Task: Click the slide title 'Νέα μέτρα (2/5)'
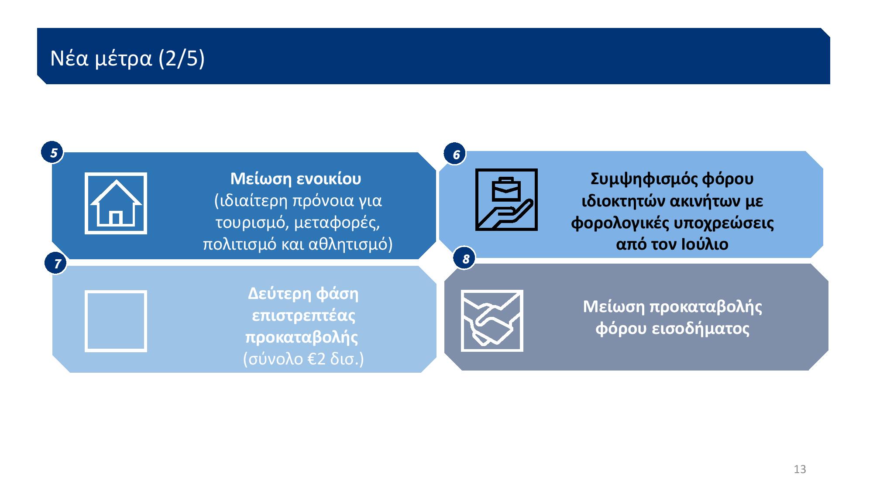[127, 58]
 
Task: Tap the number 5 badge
[52, 153]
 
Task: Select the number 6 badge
[455, 155]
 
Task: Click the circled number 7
[56, 263]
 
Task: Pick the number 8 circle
[465, 259]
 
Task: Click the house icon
[116, 203]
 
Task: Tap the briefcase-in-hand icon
[506, 199]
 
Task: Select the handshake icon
[492, 321]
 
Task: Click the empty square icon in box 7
[116, 321]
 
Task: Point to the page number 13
[800, 470]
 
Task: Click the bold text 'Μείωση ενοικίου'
[296, 179]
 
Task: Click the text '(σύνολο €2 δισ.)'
[303, 359]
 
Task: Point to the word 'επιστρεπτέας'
[304, 316]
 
